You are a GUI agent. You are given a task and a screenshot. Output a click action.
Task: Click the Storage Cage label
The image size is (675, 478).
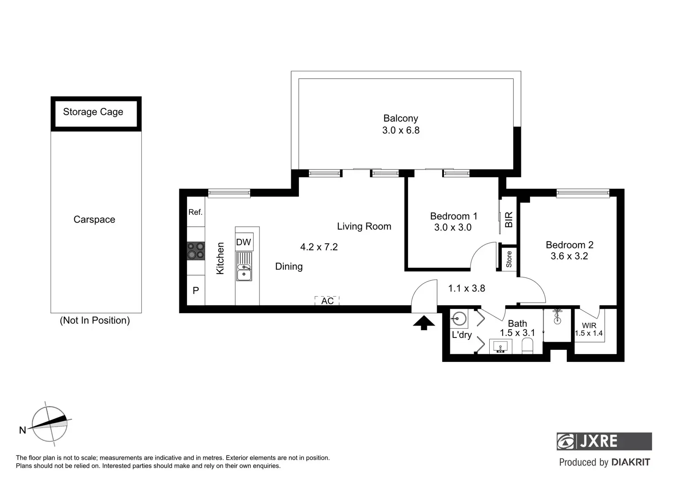pos(93,112)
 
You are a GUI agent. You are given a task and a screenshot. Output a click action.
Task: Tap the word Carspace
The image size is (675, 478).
pos(94,219)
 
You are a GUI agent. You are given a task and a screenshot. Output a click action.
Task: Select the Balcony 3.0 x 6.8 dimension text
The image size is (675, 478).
pos(401,130)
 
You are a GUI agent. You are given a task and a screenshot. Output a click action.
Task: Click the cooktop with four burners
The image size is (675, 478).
pos(196,251)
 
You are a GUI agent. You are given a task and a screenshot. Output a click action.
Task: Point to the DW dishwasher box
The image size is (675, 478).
pos(244,242)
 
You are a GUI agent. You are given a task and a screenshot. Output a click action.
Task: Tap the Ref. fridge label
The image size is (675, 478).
pos(195,212)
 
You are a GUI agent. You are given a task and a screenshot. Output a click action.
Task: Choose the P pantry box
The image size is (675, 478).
pos(196,290)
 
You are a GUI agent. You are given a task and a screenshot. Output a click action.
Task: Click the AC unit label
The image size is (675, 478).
pos(327,301)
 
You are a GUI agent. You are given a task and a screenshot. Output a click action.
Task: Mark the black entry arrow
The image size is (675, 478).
pos(424,323)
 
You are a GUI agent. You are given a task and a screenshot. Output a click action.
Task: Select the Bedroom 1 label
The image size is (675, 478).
pos(454,216)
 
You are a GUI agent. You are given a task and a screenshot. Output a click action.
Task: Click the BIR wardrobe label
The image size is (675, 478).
pos(509,219)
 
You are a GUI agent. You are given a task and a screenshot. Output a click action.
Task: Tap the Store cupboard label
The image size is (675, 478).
pos(509,259)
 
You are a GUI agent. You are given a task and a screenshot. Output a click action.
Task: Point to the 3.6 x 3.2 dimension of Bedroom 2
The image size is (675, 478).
pos(569,256)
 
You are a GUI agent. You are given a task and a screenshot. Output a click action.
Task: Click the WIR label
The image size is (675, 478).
pos(589,326)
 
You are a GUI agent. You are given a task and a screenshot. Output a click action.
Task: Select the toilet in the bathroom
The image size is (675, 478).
pos(527,346)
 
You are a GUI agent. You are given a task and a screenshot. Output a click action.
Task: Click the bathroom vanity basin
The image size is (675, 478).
pos(501,346)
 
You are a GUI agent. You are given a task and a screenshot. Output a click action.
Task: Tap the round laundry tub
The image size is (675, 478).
pos(459,318)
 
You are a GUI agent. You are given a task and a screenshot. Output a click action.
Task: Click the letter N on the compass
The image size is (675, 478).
pos(22,430)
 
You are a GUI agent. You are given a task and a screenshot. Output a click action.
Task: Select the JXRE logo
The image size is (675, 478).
pos(604,441)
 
